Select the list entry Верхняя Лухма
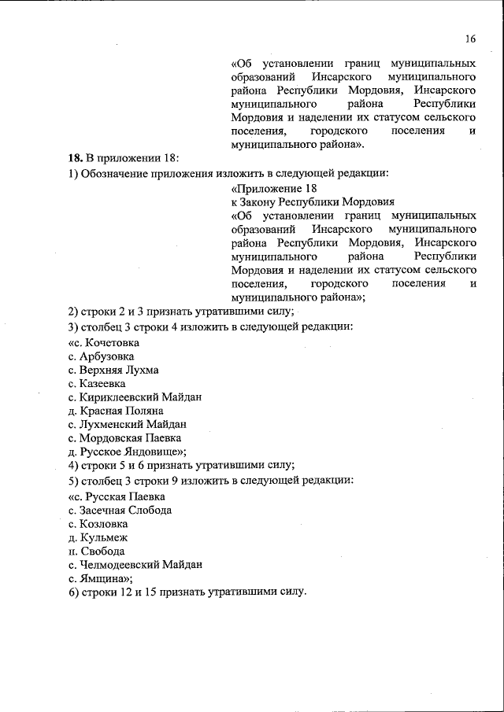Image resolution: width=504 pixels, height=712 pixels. coord(118,370)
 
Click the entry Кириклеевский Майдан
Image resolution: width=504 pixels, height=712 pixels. coord(140,397)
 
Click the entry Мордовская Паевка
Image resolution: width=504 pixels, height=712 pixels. coord(131,437)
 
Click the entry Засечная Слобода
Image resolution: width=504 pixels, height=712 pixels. coord(125,510)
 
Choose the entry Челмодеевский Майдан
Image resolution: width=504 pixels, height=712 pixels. coord(141,563)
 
